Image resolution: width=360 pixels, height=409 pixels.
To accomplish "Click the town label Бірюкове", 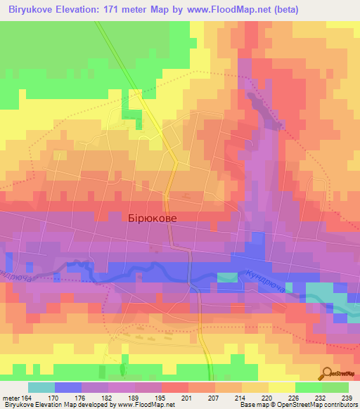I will (x=153, y=219).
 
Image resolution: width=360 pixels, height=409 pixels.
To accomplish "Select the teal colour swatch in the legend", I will (x=41, y=387).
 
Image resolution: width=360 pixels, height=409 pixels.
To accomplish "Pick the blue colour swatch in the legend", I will (x=67, y=387).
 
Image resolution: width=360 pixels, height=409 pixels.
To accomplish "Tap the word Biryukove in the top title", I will (x=32, y=10).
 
